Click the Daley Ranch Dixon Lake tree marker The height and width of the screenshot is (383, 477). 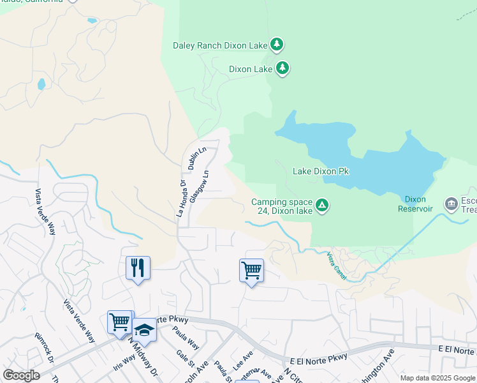276,45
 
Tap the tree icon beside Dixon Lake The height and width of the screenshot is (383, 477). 283,68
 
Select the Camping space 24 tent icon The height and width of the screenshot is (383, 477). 323,205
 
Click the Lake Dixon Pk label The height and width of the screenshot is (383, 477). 321,171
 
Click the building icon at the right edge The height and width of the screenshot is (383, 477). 451,204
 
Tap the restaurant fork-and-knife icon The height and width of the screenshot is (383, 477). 138,267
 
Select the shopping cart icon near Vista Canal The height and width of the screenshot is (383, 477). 251,270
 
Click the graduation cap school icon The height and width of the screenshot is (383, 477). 145,330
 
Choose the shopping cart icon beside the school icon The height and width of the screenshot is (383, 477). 120,322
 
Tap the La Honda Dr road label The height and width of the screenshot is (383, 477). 181,199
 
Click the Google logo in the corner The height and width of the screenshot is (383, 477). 21,375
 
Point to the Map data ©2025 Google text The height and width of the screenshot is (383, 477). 436,378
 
